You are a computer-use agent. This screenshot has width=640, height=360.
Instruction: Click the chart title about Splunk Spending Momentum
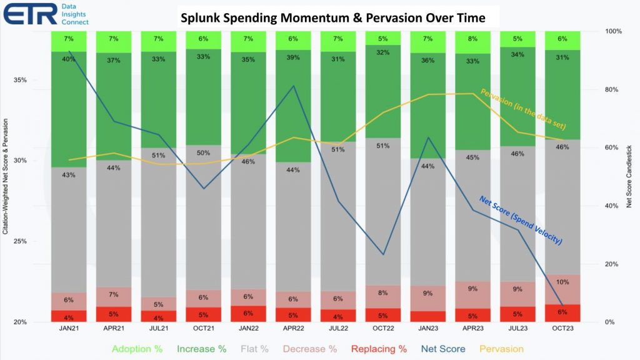(x=332, y=17)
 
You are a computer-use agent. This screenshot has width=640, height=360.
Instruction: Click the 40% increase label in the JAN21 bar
(x=69, y=59)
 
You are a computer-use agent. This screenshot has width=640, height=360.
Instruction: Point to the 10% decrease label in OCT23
(x=562, y=282)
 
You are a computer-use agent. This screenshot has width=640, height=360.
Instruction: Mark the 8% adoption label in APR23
(x=473, y=39)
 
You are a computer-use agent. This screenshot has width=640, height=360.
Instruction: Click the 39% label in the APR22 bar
(x=294, y=57)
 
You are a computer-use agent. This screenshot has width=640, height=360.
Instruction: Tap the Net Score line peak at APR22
(x=294, y=86)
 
